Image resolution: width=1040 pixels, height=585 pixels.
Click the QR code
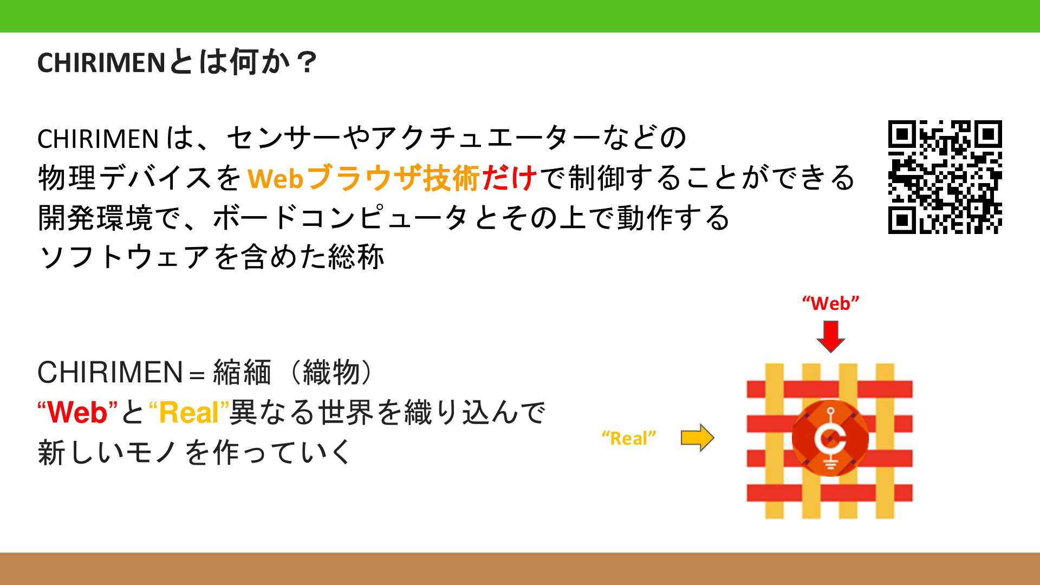[x=945, y=177]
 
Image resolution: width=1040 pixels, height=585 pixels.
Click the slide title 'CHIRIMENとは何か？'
[x=177, y=62]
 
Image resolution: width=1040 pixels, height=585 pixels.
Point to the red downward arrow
[x=830, y=336]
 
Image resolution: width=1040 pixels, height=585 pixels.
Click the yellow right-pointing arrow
[x=698, y=438]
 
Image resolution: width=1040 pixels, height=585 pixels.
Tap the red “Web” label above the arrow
[x=830, y=303]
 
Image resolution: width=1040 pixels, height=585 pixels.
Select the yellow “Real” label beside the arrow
[x=629, y=438]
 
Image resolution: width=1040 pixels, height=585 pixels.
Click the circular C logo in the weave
[x=830, y=438]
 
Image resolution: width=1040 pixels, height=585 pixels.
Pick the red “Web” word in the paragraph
[x=77, y=413]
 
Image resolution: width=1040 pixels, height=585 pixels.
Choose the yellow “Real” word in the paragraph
[x=189, y=413]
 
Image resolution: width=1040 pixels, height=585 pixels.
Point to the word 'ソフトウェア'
[x=125, y=257]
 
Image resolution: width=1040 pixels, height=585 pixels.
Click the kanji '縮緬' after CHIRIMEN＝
[x=242, y=373]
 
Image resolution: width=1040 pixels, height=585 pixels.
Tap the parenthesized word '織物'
[x=331, y=373]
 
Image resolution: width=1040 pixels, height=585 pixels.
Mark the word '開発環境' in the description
[x=96, y=217]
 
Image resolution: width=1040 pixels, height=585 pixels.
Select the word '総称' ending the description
[x=356, y=257]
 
